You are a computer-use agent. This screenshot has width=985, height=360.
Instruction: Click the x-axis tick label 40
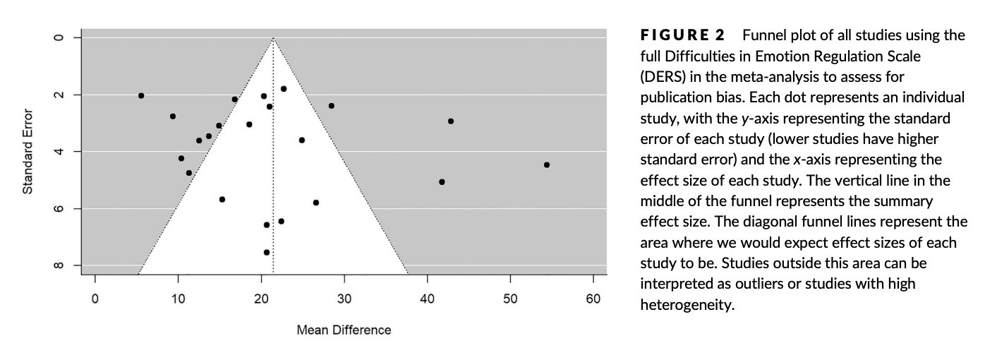point(428,299)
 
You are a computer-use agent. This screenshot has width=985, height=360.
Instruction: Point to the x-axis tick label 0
point(95,299)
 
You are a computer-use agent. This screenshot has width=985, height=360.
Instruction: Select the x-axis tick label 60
point(593,299)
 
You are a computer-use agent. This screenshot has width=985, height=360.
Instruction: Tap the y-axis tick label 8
point(60,265)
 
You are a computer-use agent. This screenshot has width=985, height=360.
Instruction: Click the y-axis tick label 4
point(60,151)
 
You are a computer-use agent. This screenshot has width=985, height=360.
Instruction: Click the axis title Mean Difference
point(344,330)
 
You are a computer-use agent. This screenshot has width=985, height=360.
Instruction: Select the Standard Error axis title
point(28,151)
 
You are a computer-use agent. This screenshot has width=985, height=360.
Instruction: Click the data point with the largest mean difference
point(547,164)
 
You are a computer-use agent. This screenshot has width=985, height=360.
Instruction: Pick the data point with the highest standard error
point(267,252)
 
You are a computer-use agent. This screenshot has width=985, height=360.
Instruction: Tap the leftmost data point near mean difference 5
point(141,95)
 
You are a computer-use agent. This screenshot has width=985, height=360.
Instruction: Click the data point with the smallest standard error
point(284,89)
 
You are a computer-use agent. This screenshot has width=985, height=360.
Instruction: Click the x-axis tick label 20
point(261,299)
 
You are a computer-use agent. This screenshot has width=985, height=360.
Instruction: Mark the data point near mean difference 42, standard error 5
point(442,181)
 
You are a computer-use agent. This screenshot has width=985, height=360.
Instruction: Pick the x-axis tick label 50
point(511,299)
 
